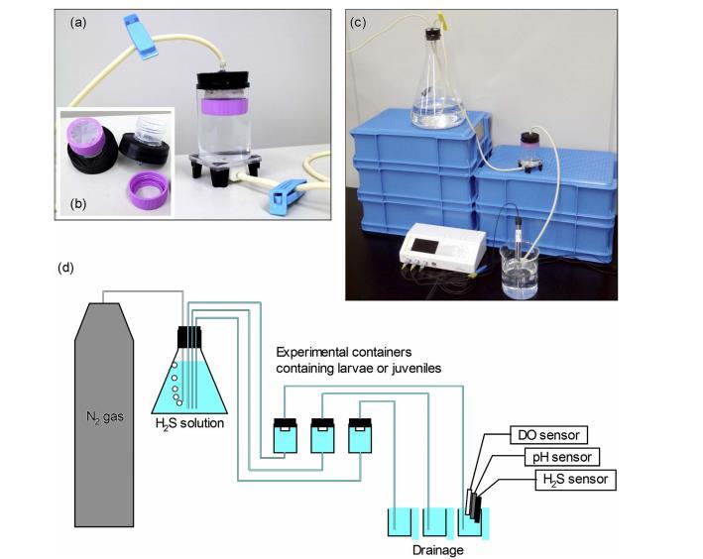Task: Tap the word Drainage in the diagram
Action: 436,548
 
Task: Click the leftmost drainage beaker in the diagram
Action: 400,522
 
